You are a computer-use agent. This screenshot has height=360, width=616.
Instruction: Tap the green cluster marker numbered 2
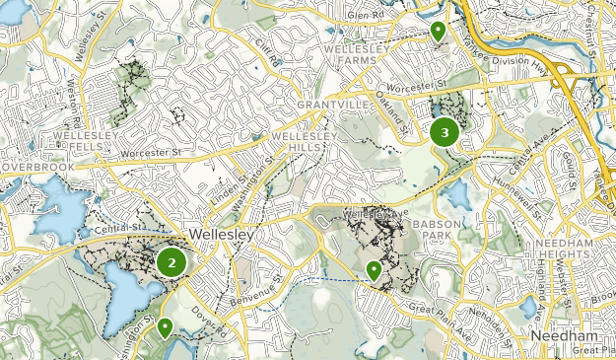pyautogui.click(x=171, y=262)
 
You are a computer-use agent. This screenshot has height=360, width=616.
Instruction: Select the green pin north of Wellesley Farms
pyautogui.click(x=438, y=32)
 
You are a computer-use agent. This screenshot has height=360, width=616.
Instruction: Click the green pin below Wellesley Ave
pyautogui.click(x=375, y=269)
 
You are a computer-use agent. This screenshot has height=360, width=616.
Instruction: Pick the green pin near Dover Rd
pyautogui.click(x=165, y=326)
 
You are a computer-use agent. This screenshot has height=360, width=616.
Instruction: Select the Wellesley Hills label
pyautogui.click(x=304, y=141)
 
